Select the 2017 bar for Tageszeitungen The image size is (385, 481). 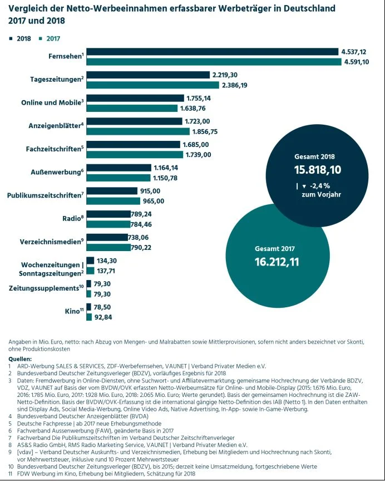(153, 85)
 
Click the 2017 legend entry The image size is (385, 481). (50, 38)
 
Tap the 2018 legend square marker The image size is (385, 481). (11, 38)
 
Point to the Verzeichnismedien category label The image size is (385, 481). (52, 242)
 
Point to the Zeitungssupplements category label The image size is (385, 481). (46, 288)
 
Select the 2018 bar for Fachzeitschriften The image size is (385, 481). (134, 144)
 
